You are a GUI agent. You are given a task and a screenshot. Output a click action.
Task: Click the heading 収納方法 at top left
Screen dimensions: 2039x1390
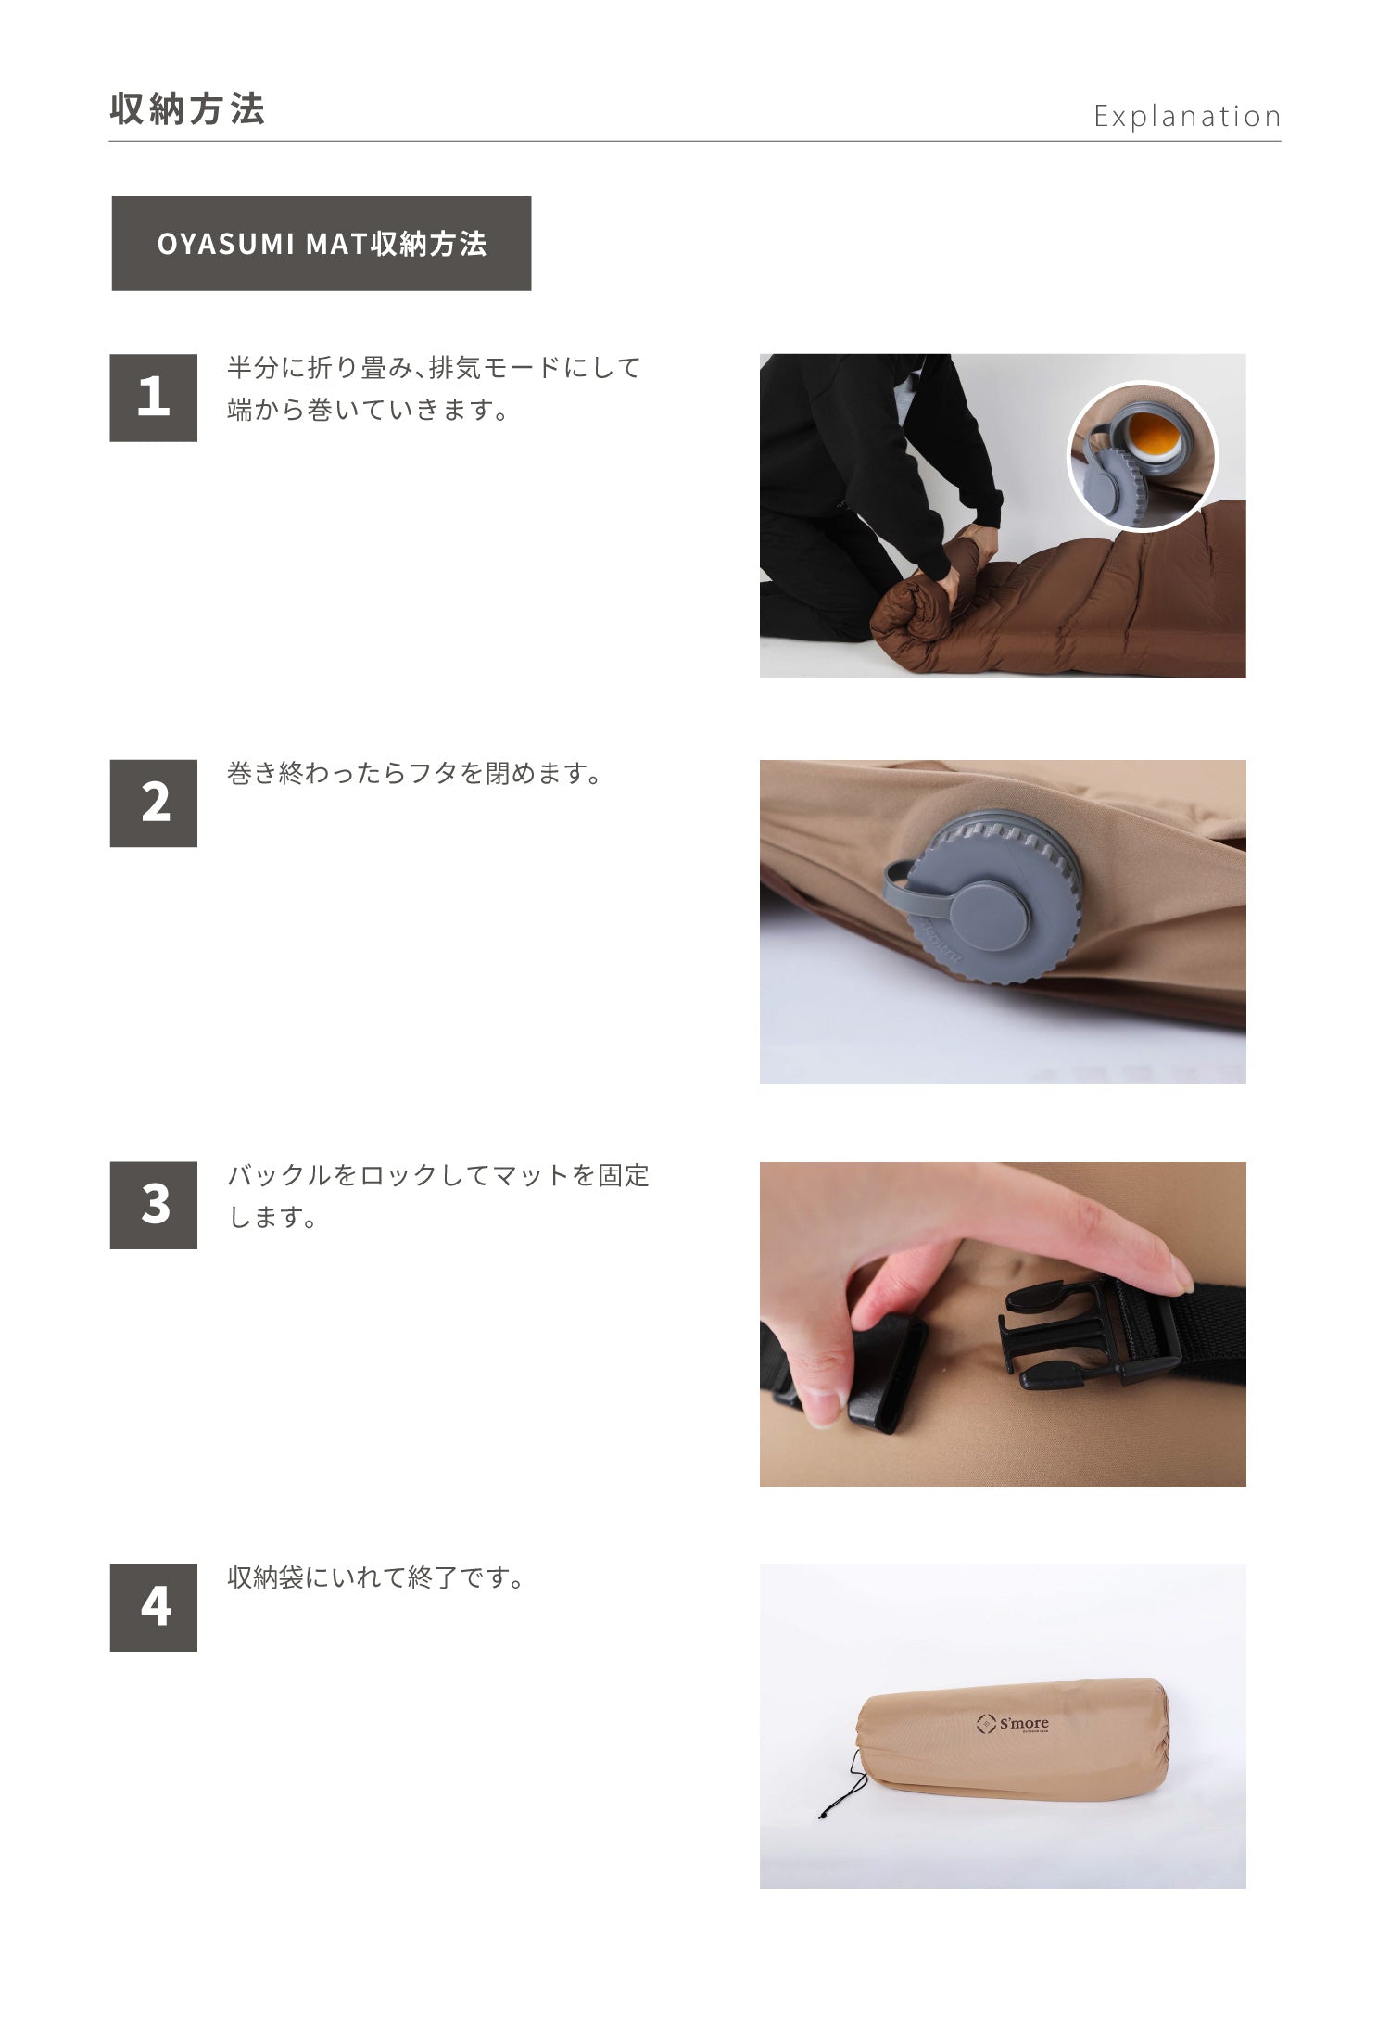point(188,109)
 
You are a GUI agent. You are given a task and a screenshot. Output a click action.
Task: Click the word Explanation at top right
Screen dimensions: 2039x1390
point(1187,117)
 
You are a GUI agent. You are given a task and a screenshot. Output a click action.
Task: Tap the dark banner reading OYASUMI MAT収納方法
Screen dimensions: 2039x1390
point(321,243)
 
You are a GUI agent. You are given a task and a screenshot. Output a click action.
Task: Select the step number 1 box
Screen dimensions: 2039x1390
point(153,397)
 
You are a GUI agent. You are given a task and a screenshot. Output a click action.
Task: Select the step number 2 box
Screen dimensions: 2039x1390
point(153,803)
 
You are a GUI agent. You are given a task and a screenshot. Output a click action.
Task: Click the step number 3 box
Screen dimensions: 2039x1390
point(153,1205)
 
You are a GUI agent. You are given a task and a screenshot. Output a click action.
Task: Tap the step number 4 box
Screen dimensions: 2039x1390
point(153,1607)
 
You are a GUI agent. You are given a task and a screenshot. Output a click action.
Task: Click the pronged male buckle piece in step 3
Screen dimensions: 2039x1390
point(1056,1335)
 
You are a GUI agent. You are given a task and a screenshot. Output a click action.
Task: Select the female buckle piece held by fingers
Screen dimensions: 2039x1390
point(885,1372)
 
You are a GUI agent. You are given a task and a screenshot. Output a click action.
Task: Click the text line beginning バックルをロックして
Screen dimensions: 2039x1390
point(438,1175)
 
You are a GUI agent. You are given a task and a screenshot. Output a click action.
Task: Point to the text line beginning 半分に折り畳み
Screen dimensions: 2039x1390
point(434,368)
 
